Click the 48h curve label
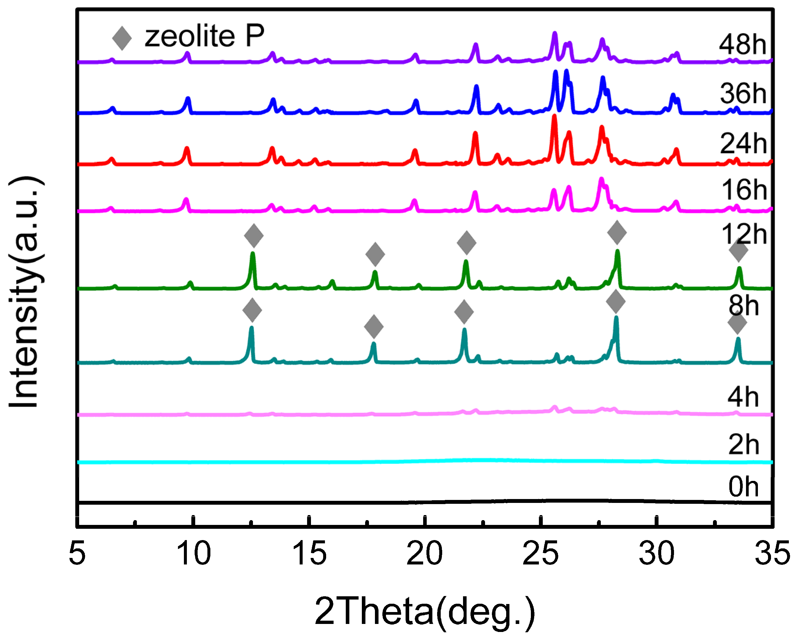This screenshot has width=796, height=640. point(742,45)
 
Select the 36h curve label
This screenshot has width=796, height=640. point(743,93)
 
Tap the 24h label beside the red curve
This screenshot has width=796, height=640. point(743,144)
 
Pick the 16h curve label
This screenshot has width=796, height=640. point(744,190)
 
